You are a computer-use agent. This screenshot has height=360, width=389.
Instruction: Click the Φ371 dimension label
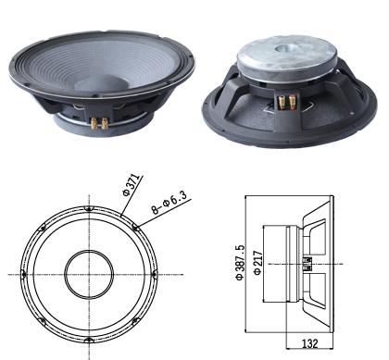pyautogui.click(x=131, y=184)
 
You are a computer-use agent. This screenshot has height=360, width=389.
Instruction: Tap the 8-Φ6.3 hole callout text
pyautogui.click(x=169, y=203)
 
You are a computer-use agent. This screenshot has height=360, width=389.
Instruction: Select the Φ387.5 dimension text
pyautogui.click(x=240, y=262)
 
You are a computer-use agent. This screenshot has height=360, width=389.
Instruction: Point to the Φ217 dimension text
pyautogui.click(x=257, y=263)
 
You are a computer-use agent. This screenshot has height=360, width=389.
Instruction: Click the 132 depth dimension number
pyautogui.click(x=309, y=343)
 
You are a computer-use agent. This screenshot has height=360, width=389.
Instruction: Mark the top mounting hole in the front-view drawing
pyautogui.click(x=89, y=209)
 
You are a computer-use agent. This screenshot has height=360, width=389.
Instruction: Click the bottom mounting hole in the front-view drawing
pyautogui.click(x=89, y=341)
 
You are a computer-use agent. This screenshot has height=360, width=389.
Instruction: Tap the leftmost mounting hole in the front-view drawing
pyautogui.click(x=23, y=274)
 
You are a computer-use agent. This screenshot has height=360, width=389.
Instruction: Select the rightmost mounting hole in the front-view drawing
pyautogui.click(x=155, y=274)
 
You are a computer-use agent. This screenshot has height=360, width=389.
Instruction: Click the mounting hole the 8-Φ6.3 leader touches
pyautogui.click(x=135, y=229)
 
